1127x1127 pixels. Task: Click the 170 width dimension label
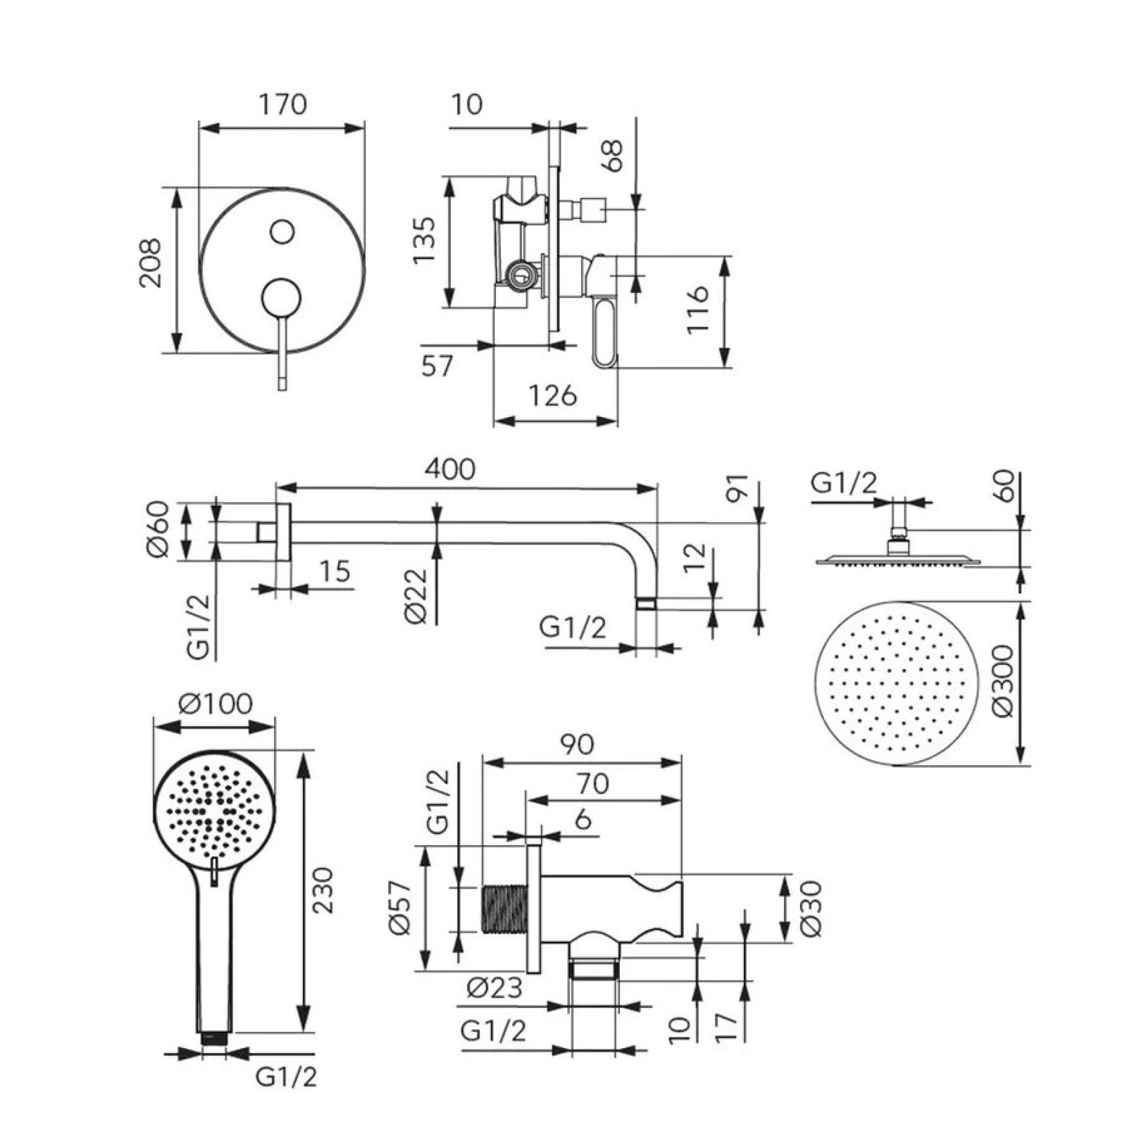[x=283, y=104]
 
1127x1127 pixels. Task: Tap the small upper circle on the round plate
[x=282, y=232]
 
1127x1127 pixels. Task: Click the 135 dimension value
[x=424, y=240]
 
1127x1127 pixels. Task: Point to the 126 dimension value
[x=553, y=396]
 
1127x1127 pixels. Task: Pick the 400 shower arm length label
[x=449, y=469]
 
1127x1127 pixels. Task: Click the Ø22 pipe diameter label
[x=416, y=596]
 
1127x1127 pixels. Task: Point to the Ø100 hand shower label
[x=215, y=703]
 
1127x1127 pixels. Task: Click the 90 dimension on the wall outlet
[x=577, y=745]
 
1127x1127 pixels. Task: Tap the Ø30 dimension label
[x=811, y=908]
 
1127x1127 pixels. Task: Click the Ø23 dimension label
[x=494, y=988]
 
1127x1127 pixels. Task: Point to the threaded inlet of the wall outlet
[x=504, y=908]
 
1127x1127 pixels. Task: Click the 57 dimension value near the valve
[x=437, y=366]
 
